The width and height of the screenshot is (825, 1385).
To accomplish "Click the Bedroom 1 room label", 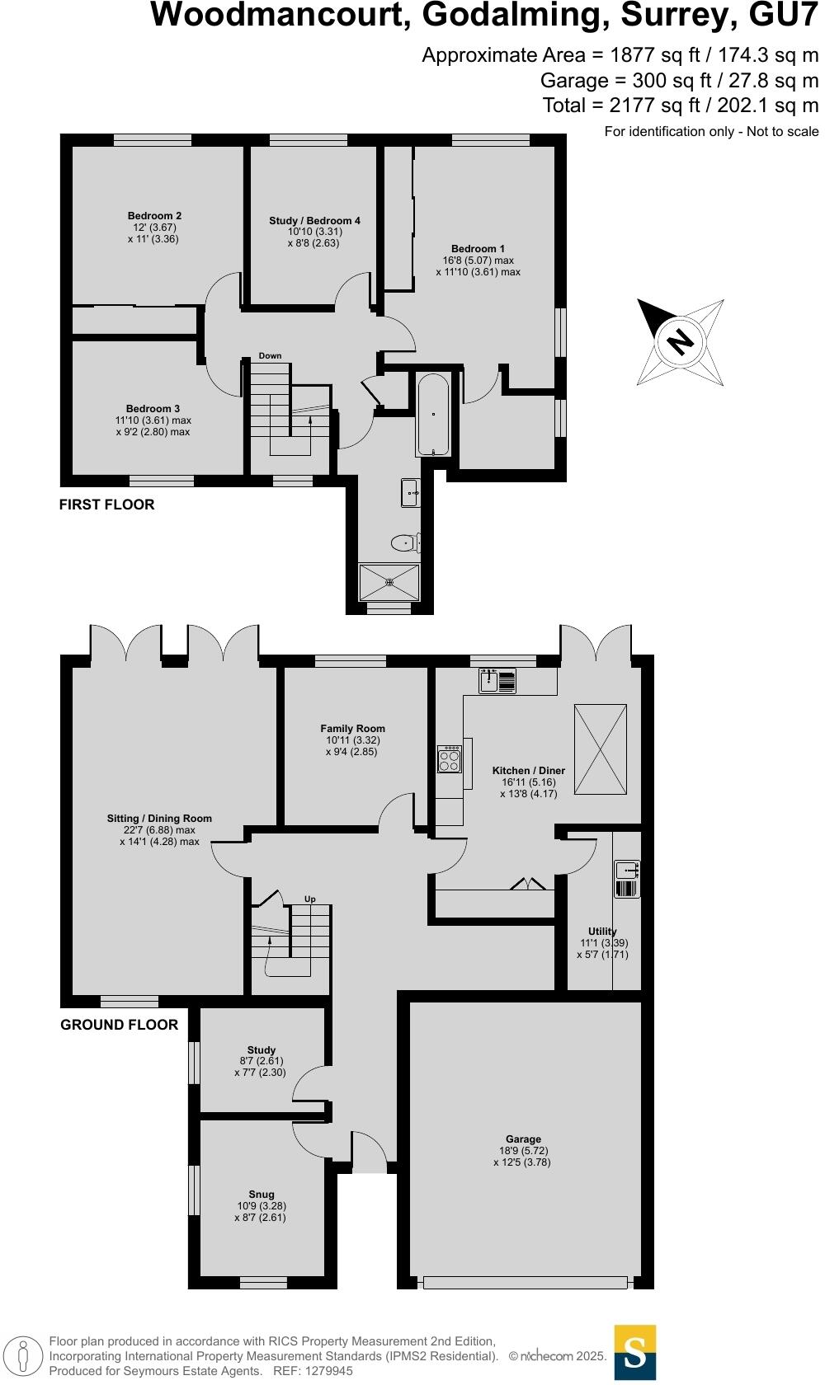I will (478, 248).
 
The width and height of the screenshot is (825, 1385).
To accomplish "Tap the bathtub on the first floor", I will (432, 415).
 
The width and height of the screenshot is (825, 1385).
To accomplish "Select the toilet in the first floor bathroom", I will (405, 543).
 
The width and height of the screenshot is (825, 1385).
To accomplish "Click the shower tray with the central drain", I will (389, 581).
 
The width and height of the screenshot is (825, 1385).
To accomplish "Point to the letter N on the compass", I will (680, 341).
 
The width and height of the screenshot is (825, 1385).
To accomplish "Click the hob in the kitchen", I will (450, 759).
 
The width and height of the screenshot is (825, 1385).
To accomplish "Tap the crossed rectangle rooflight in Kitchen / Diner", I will (601, 749).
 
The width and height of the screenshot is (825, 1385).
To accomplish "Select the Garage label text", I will (523, 1139).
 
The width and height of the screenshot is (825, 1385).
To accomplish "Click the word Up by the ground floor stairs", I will (310, 899).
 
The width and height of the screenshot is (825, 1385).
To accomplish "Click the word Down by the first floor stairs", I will (270, 356).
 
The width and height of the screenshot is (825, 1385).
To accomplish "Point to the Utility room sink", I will (627, 869).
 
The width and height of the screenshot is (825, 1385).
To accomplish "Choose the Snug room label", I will (262, 1194).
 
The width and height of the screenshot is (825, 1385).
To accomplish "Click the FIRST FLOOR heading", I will (106, 505).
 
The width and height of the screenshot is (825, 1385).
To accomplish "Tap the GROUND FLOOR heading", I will (119, 1025).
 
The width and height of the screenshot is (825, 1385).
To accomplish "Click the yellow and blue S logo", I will (635, 1352).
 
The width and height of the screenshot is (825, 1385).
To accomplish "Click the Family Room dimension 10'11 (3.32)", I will (352, 740).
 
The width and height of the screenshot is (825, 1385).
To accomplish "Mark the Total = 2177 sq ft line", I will (680, 106).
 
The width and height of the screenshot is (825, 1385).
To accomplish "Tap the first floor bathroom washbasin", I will (410, 493).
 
